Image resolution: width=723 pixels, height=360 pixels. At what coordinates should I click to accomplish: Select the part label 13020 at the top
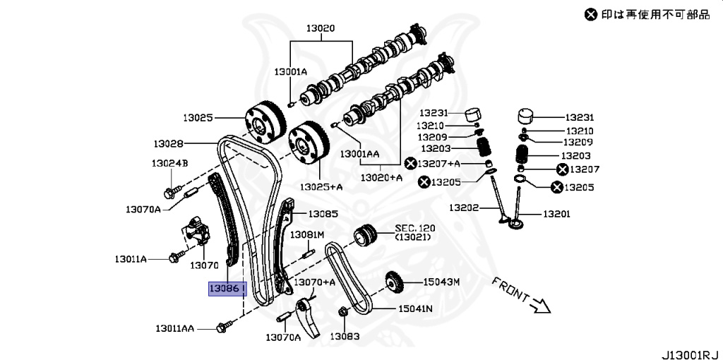click(x=320, y=29)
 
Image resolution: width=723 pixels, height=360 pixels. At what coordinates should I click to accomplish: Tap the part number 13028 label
click(x=169, y=143)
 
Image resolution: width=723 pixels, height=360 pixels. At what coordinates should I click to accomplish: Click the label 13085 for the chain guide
click(x=323, y=213)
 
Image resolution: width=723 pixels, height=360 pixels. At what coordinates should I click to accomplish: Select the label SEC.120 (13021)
click(x=415, y=233)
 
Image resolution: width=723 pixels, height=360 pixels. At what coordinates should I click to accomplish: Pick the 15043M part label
click(x=441, y=282)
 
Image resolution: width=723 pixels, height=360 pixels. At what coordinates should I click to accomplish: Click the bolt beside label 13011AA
click(x=224, y=327)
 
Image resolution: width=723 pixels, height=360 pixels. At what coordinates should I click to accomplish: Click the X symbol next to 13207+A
click(x=411, y=164)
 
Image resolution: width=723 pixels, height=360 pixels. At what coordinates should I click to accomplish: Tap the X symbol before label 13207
click(x=562, y=169)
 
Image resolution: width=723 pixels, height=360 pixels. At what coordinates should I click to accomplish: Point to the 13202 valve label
click(x=464, y=208)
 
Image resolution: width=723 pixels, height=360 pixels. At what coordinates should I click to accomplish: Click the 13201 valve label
click(x=557, y=214)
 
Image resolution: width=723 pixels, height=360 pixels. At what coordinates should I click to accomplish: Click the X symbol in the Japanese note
click(x=590, y=13)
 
